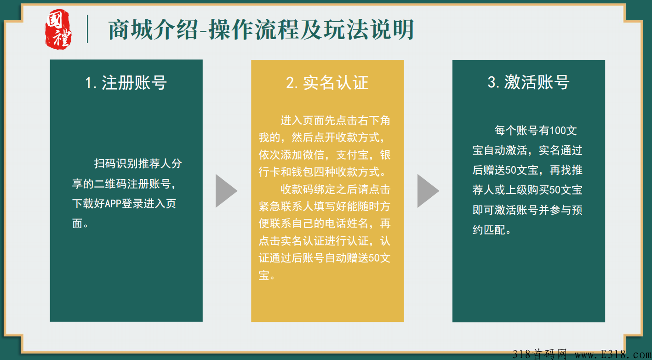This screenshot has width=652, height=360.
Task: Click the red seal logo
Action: [58, 29]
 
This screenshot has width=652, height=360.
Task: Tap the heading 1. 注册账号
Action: [126, 83]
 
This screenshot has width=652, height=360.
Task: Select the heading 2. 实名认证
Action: [327, 83]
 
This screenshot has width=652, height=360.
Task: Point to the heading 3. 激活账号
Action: [528, 82]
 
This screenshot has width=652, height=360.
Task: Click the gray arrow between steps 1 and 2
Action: [226, 190]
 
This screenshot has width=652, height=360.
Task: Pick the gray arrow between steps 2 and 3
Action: [428, 190]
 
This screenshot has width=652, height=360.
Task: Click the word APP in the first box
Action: [113, 204]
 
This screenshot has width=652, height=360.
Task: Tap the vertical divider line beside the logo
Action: [87, 29]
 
